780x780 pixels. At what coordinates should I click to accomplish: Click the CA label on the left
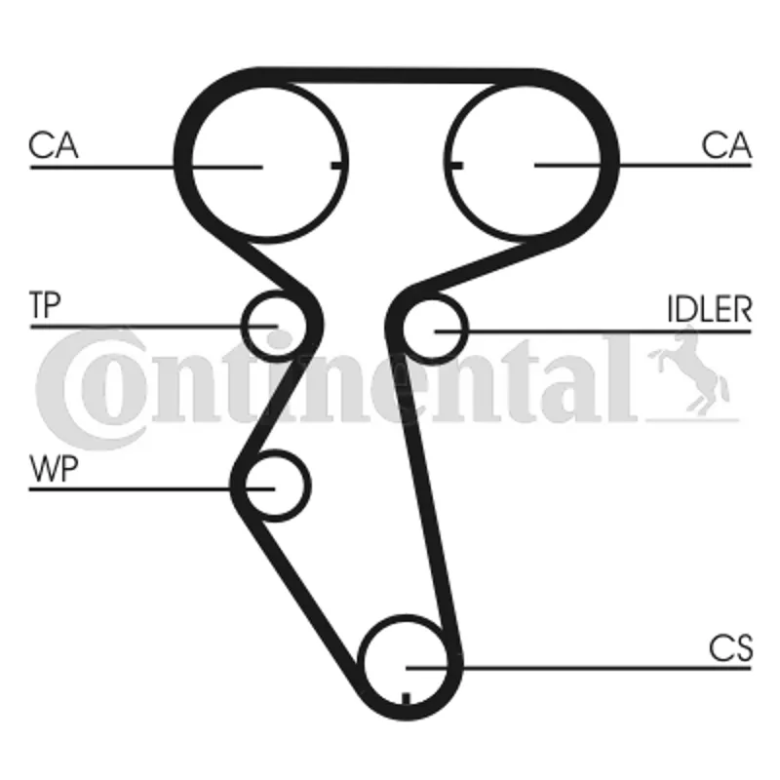[x=54, y=145]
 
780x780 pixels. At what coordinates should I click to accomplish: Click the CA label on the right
[x=726, y=145]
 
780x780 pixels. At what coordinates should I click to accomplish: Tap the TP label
[x=45, y=305]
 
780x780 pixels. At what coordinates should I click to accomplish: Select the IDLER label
[x=710, y=309]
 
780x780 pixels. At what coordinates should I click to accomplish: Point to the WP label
[x=54, y=468]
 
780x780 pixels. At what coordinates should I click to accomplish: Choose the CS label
[x=730, y=648]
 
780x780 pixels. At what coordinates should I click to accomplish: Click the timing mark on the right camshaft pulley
[x=455, y=165]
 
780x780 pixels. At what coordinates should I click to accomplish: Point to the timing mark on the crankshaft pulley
[x=406, y=698]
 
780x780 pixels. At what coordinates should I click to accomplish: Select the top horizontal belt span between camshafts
[x=398, y=75]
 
